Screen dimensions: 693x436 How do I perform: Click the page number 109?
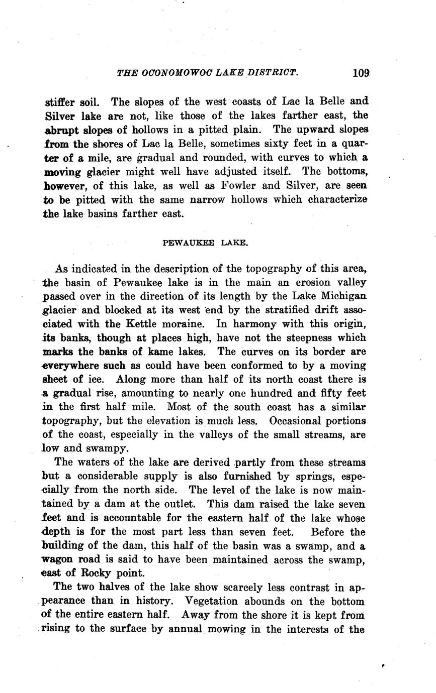pyautogui.click(x=361, y=73)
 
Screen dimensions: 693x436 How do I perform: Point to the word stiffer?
pyautogui.click(x=61, y=102)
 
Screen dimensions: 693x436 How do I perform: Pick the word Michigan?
pyautogui.click(x=343, y=296)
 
